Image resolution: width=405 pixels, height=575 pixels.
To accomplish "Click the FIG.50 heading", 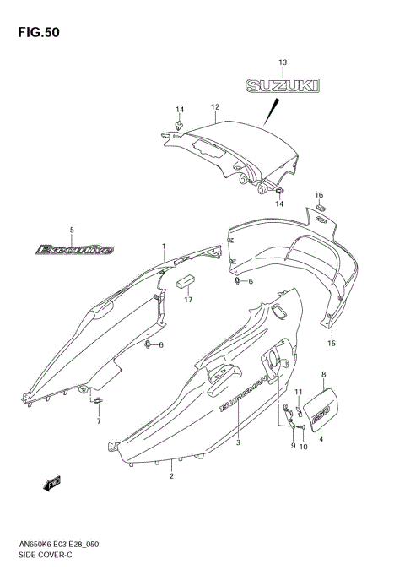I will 35,34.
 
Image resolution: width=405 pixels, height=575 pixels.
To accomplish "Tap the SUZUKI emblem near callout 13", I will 283,85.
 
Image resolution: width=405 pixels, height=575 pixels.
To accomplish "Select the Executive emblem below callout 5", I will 73,249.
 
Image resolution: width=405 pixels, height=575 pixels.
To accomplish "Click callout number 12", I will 215,107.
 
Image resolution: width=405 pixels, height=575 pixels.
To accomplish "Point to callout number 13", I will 283,62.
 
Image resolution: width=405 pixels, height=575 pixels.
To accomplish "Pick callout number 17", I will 189,300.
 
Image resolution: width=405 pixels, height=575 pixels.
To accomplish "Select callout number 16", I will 320,195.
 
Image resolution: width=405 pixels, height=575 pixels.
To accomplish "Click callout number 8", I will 324,373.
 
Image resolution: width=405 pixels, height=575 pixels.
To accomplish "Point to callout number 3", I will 239,442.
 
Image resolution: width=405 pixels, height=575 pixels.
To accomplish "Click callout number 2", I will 171,476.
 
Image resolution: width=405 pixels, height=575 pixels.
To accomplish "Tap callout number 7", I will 98,421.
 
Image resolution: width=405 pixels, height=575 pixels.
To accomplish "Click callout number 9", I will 293,445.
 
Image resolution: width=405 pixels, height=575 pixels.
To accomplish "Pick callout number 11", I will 299,392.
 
